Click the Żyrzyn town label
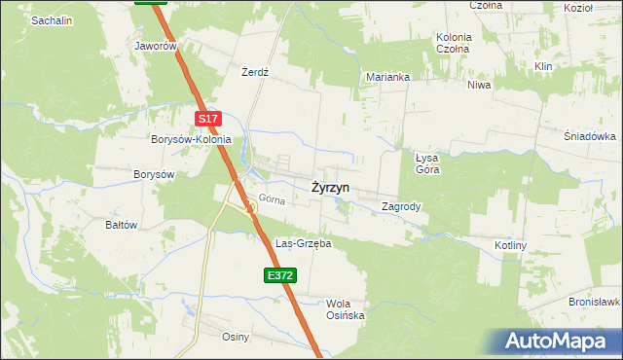pyautogui.click(x=331, y=187)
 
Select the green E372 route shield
pyautogui.click(x=279, y=276)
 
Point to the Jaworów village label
pyautogui.click(x=157, y=46)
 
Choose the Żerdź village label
pyautogui.click(x=254, y=72)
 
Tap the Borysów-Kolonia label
pyautogui.click(x=191, y=139)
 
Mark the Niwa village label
pyautogui.click(x=479, y=85)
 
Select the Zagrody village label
pyautogui.click(x=401, y=206)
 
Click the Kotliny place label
pyautogui.click(x=510, y=246)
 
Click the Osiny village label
pyautogui.click(x=237, y=337)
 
